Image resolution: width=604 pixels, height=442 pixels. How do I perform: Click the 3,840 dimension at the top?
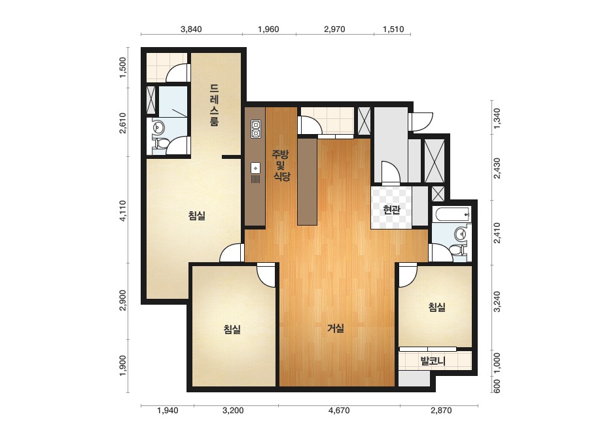(x=191, y=29)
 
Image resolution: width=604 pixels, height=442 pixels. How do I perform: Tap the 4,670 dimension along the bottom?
(x=339, y=411)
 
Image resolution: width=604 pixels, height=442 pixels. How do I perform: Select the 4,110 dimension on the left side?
(x=123, y=211)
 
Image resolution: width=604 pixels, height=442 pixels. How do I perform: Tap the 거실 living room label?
(x=336, y=328)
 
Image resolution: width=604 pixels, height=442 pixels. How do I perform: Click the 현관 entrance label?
(x=392, y=210)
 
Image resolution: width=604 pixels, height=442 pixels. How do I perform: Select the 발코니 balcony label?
(x=433, y=361)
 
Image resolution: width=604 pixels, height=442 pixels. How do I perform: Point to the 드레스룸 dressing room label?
(x=215, y=105)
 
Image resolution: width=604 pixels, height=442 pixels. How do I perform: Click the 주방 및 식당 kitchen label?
(x=281, y=165)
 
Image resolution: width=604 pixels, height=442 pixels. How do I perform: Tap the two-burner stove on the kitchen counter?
(x=256, y=129)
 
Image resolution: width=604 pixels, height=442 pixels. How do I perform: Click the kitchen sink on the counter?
(x=255, y=168)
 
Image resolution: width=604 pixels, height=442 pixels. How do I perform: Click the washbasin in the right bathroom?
(x=460, y=233)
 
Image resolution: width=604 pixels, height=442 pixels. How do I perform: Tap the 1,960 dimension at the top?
(x=268, y=29)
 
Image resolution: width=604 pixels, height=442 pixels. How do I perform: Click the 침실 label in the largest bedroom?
(x=197, y=216)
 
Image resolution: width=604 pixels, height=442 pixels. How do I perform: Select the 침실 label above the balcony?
(x=437, y=307)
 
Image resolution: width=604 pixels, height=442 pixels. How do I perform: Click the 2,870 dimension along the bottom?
(x=441, y=411)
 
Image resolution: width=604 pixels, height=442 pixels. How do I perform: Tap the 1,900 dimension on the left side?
(x=123, y=365)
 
